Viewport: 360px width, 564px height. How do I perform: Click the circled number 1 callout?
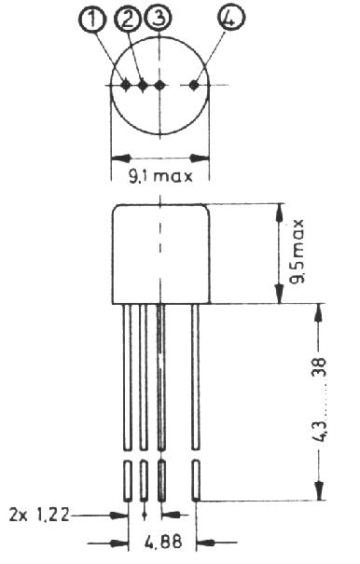pyautogui.click(x=92, y=19)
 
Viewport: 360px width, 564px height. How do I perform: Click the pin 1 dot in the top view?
pyautogui.click(x=126, y=85)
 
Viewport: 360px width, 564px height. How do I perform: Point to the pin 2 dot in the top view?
pyautogui.click(x=143, y=85)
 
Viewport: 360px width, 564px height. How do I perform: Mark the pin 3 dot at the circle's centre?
pyautogui.click(x=159, y=85)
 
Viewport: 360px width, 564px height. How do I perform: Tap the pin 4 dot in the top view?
pyautogui.click(x=194, y=85)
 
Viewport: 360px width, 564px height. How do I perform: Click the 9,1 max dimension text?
pyautogui.click(x=160, y=176)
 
